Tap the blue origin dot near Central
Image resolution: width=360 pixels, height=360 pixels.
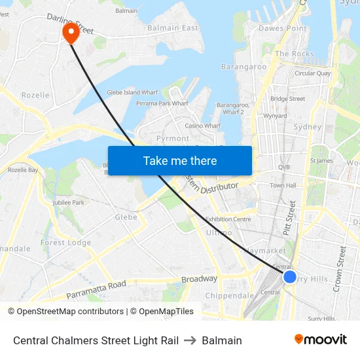tap(290, 277)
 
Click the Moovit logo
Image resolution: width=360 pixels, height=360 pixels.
tap(321, 340)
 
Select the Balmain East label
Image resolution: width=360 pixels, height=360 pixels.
tap(173, 28)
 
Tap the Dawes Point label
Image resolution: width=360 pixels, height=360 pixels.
tap(283, 28)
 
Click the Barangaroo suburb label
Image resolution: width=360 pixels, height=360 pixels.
tap(243, 66)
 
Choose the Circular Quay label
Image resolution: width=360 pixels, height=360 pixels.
tap(312, 73)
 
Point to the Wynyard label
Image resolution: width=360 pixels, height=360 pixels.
tap(274, 116)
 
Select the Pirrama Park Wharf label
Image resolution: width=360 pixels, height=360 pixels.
tap(162, 103)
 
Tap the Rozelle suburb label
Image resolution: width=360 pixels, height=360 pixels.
tap(35, 95)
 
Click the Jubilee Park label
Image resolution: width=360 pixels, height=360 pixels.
tap(69, 203)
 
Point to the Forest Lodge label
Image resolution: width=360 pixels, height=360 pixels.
tap(65, 242)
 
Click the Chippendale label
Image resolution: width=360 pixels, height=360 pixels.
tap(230, 296)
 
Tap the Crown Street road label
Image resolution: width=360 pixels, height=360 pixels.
tap(340, 268)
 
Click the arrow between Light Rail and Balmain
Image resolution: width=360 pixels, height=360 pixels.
tap(190, 340)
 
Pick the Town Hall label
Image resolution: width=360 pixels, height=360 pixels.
tap(283, 186)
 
